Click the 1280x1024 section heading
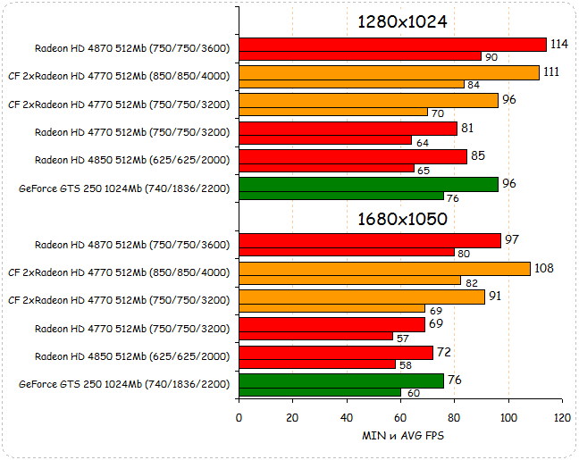[401, 21]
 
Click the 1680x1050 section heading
[401, 218]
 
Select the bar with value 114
[392, 45]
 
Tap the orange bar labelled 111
[389, 72]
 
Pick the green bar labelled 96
[368, 184]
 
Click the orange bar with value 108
[384, 268]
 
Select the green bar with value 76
[341, 381]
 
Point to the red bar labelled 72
[336, 353]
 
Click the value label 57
[402, 337]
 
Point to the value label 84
[474, 85]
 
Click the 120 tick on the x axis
[562, 418]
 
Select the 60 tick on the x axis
[400, 418]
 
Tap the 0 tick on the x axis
[239, 418]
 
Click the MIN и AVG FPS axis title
[401, 436]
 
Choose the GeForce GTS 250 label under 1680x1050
[124, 384]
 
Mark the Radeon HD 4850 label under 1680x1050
[132, 356]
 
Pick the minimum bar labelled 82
[350, 280]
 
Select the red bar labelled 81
[348, 129]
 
